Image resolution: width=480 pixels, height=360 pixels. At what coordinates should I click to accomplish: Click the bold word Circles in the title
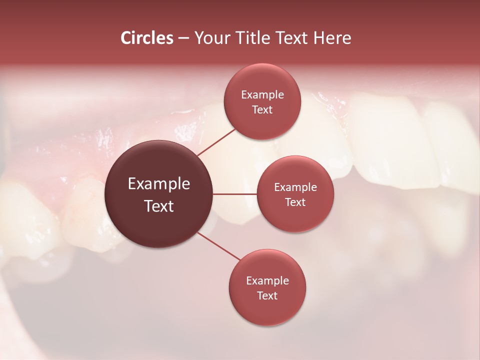click(x=147, y=38)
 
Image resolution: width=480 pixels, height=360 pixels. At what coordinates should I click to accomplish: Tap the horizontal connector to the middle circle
click(x=235, y=194)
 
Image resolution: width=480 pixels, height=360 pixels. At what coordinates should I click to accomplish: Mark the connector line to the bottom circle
click(x=219, y=246)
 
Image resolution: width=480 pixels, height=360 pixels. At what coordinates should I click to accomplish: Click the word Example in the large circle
click(x=159, y=184)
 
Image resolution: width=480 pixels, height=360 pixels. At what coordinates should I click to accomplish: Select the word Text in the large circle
click(x=159, y=206)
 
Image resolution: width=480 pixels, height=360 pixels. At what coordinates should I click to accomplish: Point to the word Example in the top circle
click(x=262, y=95)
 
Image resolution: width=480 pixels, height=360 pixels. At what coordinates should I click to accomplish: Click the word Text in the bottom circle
click(x=267, y=296)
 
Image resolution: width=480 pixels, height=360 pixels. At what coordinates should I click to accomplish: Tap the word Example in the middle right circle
click(x=295, y=187)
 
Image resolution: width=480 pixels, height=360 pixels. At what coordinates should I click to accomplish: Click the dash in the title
click(x=183, y=38)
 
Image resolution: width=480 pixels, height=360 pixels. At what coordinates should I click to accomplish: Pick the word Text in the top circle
click(x=262, y=110)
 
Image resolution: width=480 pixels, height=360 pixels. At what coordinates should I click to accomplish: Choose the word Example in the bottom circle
click(x=267, y=281)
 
